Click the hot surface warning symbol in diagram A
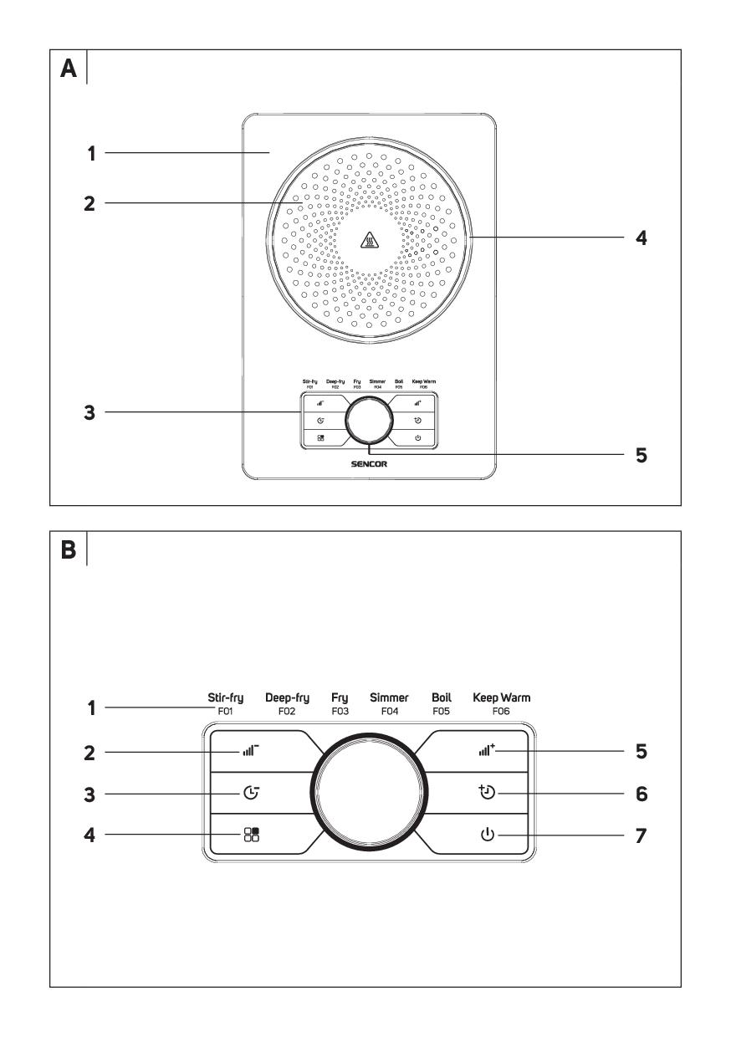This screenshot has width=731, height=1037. click(x=368, y=241)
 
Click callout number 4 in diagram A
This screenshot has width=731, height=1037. click(x=640, y=238)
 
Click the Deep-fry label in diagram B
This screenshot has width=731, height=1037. click(x=288, y=697)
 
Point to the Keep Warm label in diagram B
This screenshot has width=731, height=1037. click(x=502, y=697)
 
